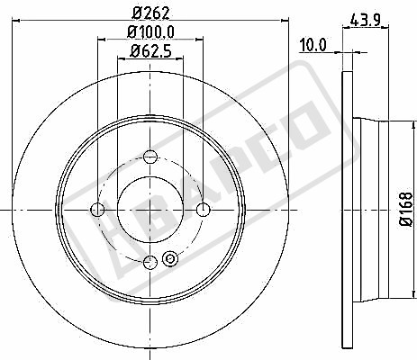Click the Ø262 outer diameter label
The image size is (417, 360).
[151, 13]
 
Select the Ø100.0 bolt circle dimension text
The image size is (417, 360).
[150, 32]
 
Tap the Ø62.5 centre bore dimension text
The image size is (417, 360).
[150, 51]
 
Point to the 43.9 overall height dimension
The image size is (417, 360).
[366, 21]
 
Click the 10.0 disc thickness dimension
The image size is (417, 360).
[313, 45]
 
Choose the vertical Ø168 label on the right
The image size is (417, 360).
[406, 210]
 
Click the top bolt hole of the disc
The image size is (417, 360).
[150, 157]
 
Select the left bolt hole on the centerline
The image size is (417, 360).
[97, 210]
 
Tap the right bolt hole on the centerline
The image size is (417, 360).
[204, 210]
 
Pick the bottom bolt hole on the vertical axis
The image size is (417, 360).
[150, 263]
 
